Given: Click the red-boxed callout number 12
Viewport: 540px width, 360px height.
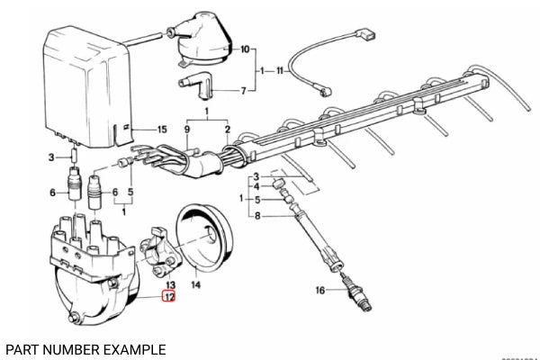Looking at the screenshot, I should pos(169,295).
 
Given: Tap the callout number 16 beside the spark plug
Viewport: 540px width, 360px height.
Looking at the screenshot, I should pos(319,291).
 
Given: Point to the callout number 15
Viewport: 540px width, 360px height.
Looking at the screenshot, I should pos(162,130).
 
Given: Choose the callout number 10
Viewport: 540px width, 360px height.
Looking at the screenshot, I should pos(244,50).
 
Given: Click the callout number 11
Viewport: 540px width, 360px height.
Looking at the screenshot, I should pos(280,69).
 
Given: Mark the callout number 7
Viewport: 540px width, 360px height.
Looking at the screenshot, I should pos(241,91).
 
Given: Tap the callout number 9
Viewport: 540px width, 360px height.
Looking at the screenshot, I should pos(188,130).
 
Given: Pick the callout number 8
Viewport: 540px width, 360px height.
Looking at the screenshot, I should pos(259,216).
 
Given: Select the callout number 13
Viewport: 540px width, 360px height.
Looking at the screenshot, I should pos(169,283).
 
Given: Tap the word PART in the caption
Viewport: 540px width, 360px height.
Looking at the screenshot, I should pos(21,348).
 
